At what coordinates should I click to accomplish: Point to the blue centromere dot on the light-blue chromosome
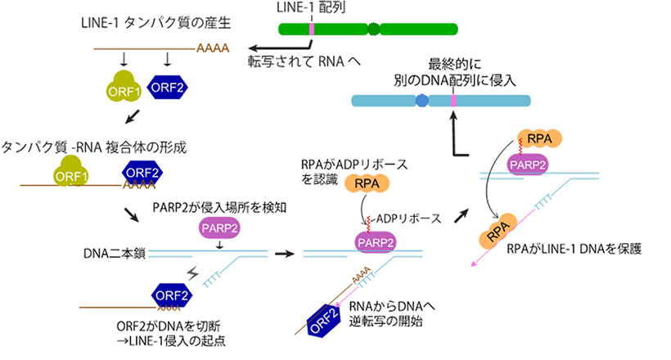tap(421, 101)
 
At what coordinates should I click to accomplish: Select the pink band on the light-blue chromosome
tap(453, 101)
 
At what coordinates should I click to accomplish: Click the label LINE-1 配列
tap(312, 8)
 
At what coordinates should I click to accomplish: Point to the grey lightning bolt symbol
tap(194, 272)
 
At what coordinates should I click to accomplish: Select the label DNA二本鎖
tap(115, 254)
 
